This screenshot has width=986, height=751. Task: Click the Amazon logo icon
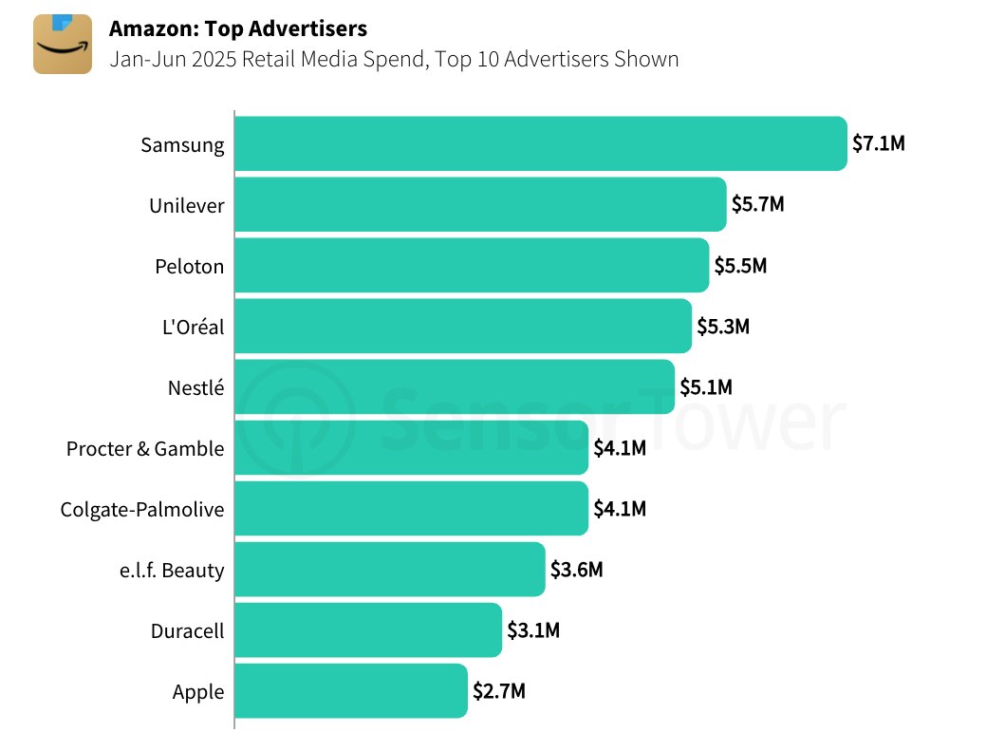(63, 44)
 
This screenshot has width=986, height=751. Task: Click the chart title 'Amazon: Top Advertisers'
(238, 28)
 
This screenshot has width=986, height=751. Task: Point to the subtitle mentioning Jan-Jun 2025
(394, 59)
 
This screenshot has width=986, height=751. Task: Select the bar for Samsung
(540, 144)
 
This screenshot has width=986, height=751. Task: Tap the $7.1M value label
(878, 144)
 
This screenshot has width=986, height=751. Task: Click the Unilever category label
(187, 205)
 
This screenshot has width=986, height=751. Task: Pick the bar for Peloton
(471, 266)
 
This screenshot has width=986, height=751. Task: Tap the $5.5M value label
(739, 266)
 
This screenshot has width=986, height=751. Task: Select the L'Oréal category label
(194, 327)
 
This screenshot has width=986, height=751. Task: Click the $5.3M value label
(722, 327)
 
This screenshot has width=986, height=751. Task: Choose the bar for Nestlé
(454, 387)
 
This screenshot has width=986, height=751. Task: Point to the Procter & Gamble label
(145, 448)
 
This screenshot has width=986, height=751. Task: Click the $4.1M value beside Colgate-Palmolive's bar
(620, 509)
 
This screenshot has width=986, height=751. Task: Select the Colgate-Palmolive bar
(411, 509)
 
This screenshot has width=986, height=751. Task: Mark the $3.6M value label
(576, 570)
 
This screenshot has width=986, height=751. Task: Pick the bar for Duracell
(367, 630)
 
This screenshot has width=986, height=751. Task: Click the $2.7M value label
(498, 691)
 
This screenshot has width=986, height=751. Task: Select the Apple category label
(198, 691)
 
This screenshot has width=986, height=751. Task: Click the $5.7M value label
(757, 205)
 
